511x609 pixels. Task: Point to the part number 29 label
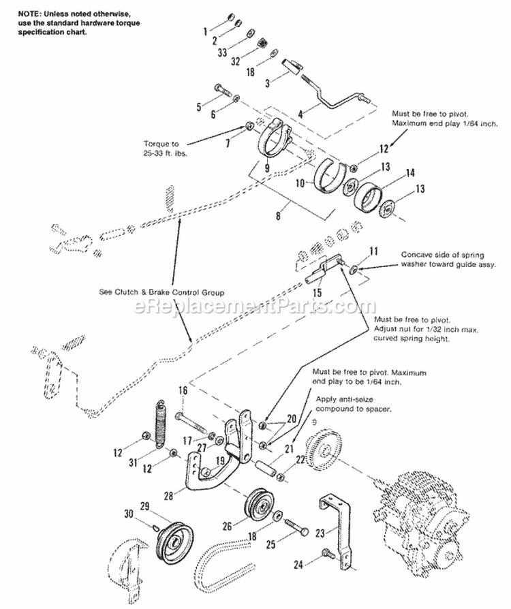144,506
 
